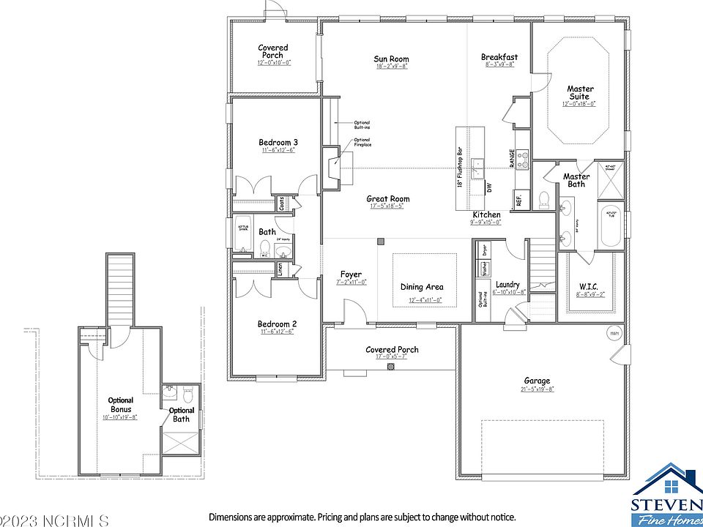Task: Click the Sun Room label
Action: click(x=391, y=59)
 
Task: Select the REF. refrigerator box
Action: click(x=518, y=200)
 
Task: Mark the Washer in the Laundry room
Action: click(x=483, y=269)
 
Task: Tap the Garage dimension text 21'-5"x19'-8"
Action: click(x=538, y=389)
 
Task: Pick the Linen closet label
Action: click(x=281, y=269)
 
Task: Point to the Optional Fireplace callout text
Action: click(x=362, y=143)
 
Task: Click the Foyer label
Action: click(x=351, y=274)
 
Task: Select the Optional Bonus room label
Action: click(x=121, y=405)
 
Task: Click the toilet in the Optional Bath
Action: click(x=187, y=394)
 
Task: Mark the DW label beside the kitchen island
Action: click(x=488, y=187)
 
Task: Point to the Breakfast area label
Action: click(x=499, y=57)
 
